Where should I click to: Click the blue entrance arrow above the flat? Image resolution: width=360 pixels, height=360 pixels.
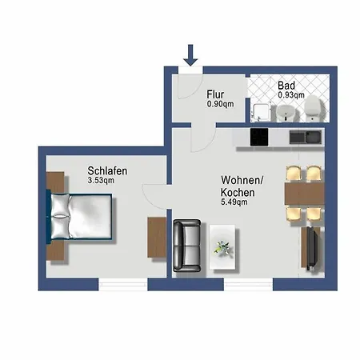tap(190, 54)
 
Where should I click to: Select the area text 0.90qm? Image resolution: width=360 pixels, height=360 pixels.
tap(220, 103)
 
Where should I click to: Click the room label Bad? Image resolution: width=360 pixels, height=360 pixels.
tap(286, 86)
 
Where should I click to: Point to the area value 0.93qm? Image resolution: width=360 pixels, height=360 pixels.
tap(290, 95)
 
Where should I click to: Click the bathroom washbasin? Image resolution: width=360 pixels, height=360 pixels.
tap(284, 113)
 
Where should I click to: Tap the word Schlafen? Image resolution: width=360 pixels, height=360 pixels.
tap(108, 170)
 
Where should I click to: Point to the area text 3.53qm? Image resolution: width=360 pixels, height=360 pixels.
tap(105, 182)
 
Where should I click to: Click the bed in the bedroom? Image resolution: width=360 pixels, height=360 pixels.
tap(80, 218)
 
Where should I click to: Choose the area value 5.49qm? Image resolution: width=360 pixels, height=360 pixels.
tap(234, 202)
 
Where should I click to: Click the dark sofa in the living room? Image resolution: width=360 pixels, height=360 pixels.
tap(188, 244)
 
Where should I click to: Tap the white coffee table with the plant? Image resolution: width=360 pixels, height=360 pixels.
tap(224, 245)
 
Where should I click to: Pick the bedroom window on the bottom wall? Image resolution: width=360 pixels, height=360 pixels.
tap(124, 283)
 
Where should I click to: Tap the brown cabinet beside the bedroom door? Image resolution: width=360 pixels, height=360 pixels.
tap(155, 237)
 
